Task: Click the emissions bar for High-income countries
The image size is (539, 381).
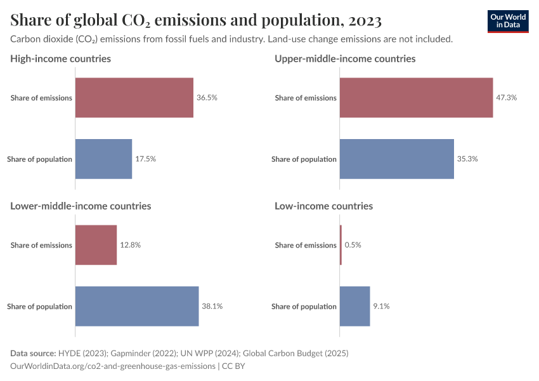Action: click(134, 98)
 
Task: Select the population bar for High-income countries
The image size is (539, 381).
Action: click(103, 159)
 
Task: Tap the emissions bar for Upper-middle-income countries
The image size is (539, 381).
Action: click(416, 98)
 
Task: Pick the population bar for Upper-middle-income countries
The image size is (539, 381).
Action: click(396, 159)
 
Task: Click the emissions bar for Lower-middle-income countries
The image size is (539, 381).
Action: click(96, 245)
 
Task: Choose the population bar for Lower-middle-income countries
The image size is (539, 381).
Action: click(137, 306)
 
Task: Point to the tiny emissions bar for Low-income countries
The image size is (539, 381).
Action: click(341, 245)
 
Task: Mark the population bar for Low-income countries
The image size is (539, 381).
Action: click(354, 306)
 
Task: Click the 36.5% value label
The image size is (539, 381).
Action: click(207, 98)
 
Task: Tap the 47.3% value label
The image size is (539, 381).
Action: click(507, 98)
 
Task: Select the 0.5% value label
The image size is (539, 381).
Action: click(353, 245)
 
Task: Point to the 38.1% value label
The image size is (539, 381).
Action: click(212, 306)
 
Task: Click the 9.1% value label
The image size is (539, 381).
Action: click(381, 306)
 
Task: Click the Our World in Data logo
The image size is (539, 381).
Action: click(508, 21)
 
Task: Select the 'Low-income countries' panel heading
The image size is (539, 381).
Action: click(323, 206)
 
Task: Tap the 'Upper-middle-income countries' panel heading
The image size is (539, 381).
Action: click(345, 58)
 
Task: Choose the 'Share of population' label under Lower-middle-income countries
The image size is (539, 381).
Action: click(39, 306)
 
